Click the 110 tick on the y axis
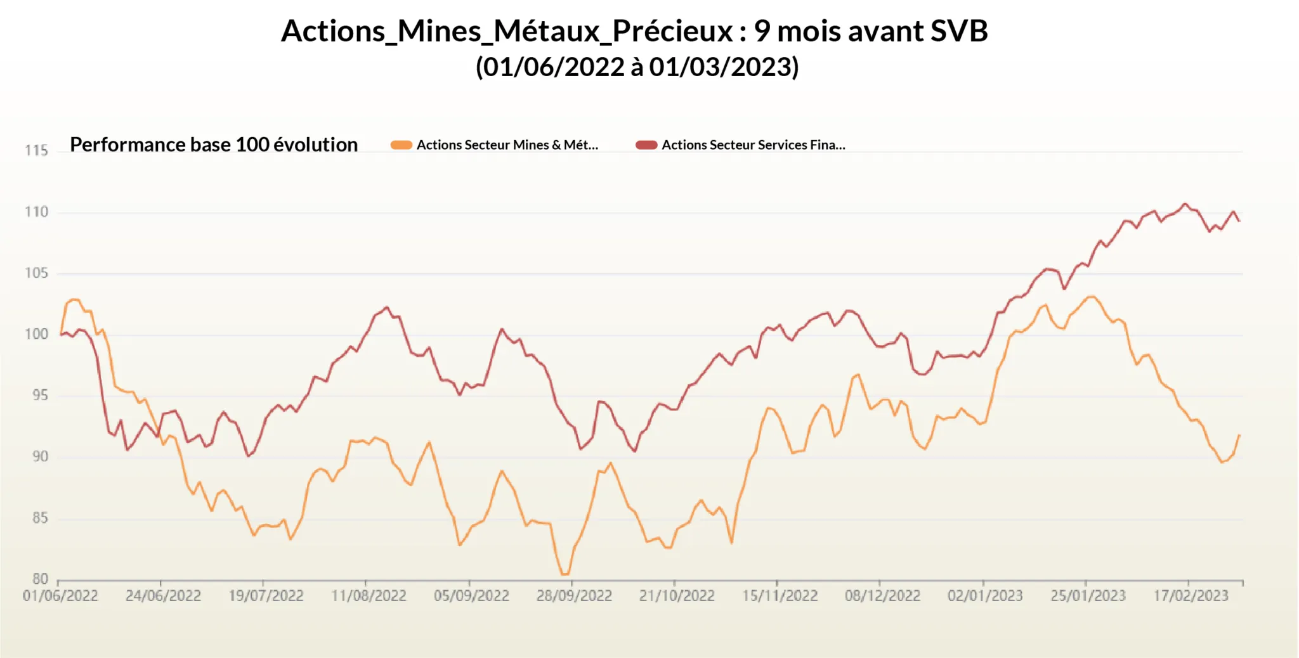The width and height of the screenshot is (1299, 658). (x=36, y=212)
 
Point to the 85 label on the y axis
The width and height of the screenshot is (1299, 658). (x=40, y=518)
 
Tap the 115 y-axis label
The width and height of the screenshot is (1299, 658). (x=36, y=150)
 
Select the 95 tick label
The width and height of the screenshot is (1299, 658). (x=40, y=396)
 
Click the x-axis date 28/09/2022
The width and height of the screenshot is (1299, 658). (x=574, y=596)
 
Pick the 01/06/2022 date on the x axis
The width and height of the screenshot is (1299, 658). (x=60, y=596)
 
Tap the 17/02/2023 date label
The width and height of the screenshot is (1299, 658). (x=1191, y=596)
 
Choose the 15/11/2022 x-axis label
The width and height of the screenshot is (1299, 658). (x=780, y=596)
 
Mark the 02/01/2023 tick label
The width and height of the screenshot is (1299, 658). (x=985, y=596)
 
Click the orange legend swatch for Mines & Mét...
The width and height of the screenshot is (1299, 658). (x=401, y=145)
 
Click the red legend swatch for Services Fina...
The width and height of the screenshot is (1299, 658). (x=646, y=145)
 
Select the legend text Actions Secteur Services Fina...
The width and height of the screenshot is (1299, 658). (x=753, y=145)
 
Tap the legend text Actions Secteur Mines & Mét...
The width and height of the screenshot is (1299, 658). (x=507, y=145)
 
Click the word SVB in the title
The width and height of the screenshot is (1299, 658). (x=958, y=31)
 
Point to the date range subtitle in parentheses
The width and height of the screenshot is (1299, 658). (x=637, y=67)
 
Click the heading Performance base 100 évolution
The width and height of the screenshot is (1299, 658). (x=214, y=145)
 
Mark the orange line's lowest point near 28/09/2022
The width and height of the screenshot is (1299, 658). (x=564, y=574)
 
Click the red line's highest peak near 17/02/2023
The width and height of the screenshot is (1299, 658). (x=1185, y=203)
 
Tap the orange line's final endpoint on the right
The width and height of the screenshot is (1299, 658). (x=1239, y=435)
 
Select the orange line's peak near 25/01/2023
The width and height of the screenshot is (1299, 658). (x=1091, y=296)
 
